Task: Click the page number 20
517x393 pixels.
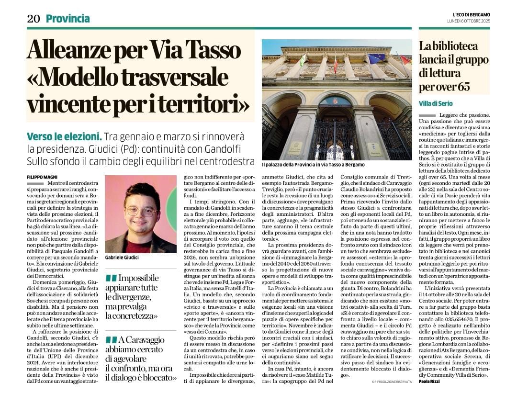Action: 33,19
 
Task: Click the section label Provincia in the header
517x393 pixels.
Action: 67,19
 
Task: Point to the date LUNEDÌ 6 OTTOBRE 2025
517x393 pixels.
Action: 468,21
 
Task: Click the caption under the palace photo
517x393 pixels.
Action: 313,165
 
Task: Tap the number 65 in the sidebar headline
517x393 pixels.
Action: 462,87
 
